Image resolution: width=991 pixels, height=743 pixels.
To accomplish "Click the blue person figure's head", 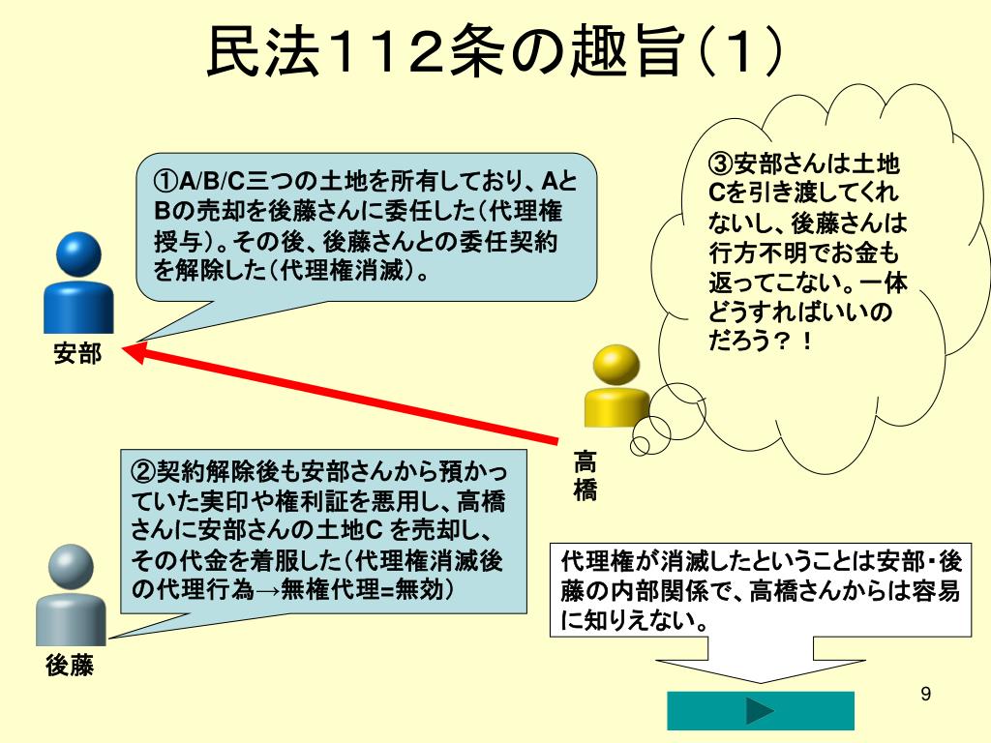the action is (78, 254).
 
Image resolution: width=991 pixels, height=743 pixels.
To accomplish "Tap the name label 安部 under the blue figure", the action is (77, 353).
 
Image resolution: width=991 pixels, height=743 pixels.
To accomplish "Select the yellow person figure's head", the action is (616, 365).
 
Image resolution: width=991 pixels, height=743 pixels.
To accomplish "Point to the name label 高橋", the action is (586, 474).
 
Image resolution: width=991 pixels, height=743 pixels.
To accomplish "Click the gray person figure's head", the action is (71, 567).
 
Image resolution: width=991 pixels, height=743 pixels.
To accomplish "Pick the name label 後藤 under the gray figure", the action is (70, 665).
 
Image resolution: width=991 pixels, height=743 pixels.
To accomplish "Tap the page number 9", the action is (926, 694).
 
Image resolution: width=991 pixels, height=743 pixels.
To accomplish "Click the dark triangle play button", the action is (759, 711).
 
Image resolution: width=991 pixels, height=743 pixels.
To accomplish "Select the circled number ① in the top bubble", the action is (166, 181).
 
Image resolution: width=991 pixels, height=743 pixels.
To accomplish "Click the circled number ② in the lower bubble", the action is (143, 471).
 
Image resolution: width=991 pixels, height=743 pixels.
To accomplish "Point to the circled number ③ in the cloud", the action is (721, 163).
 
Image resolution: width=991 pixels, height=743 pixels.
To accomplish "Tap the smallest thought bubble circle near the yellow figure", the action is (640, 445).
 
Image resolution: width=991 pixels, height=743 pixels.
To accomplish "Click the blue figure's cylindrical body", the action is (78, 303).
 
